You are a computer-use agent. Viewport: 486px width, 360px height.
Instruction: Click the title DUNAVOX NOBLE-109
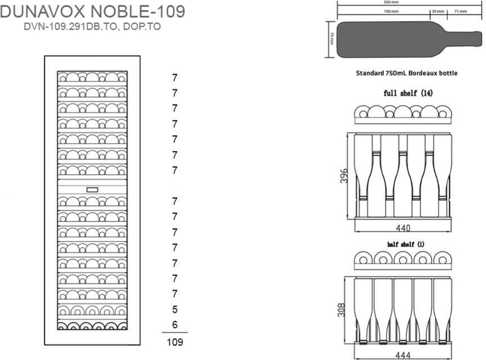(x=93, y=12)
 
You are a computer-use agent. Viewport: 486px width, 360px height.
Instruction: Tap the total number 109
(x=174, y=342)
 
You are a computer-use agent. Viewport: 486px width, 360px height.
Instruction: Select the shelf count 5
(x=175, y=310)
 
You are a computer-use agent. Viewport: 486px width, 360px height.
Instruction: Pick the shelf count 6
(x=175, y=325)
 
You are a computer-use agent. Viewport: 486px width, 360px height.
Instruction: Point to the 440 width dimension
(x=403, y=228)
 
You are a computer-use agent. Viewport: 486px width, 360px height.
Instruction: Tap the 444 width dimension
(x=403, y=355)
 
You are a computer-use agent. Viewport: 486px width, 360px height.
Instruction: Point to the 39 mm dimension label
(x=437, y=12)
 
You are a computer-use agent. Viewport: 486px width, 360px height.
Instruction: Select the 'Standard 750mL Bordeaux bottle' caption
(x=406, y=73)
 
